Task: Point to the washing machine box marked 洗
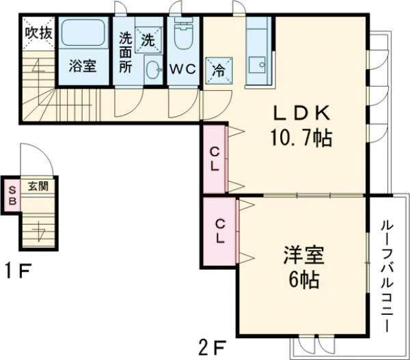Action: [148, 39]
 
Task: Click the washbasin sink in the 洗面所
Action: [154, 68]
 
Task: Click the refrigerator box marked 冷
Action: [218, 69]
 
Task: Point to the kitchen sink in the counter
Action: [259, 66]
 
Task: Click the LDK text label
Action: [303, 113]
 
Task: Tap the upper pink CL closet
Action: [214, 158]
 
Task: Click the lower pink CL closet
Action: [220, 230]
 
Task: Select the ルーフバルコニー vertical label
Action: [387, 274]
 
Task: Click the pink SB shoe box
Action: [11, 195]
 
